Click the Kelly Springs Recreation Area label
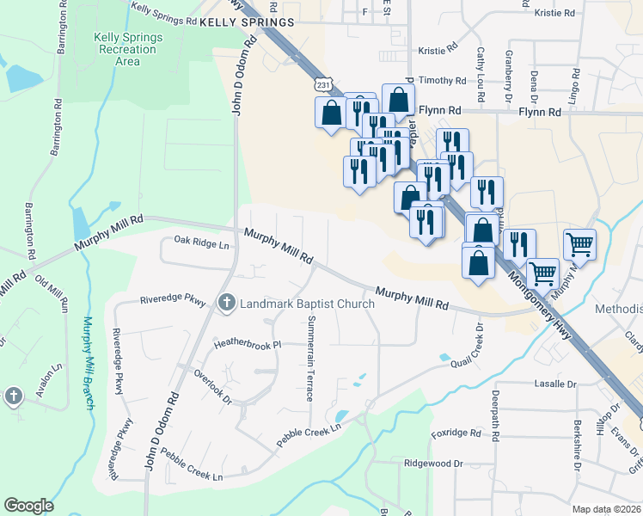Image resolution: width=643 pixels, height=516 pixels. coord(127,50)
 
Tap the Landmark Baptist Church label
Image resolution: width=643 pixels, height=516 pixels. coord(307,304)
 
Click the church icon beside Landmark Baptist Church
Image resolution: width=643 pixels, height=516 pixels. coord(227,302)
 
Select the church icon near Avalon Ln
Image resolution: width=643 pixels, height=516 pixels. coord(13,396)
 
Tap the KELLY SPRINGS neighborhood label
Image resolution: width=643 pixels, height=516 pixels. coord(246,21)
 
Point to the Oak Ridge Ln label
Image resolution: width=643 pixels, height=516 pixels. coord(203,244)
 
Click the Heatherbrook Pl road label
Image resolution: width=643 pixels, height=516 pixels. coord(248,344)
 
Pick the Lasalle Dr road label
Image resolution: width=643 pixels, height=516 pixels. coord(554,384)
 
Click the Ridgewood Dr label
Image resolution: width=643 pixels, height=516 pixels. coord(433,463)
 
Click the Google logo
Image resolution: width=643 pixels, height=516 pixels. coord(28,506)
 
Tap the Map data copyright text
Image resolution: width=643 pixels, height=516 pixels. coord(607,509)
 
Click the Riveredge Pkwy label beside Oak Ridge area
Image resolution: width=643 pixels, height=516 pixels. coord(173,301)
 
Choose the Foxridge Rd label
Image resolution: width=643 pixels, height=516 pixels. coord(456,433)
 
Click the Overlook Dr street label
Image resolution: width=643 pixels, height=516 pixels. coord(212,387)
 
